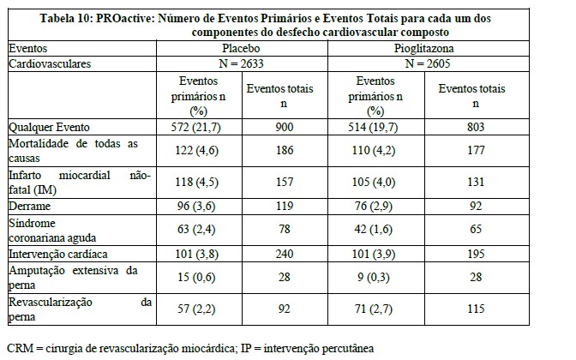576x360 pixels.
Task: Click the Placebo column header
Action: (x=241, y=50)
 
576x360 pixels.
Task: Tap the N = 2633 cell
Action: (x=241, y=63)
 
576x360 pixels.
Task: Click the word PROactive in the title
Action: (x=119, y=17)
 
